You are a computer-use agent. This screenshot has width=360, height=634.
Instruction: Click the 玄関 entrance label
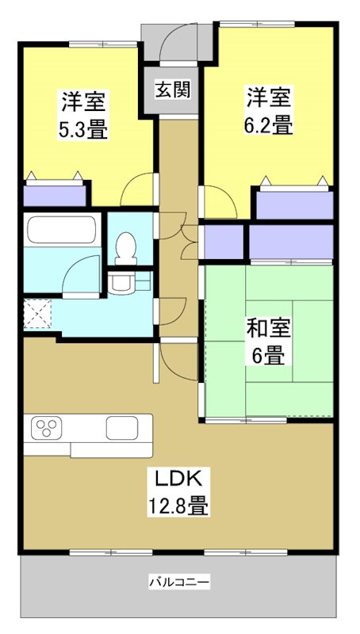pyautogui.click(x=172, y=90)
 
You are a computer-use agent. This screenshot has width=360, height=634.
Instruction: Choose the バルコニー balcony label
pyautogui.click(x=179, y=583)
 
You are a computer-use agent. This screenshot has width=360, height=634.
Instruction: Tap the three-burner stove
pyautogui.click(x=46, y=429)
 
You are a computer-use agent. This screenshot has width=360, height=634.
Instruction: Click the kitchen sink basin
pyautogui.click(x=123, y=428)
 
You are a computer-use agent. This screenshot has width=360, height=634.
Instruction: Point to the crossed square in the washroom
pyautogui.click(x=37, y=314)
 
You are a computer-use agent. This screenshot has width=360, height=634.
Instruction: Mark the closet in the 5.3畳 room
pyautogui.click(x=54, y=194)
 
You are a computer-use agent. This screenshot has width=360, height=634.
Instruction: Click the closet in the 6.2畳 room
pyautogui.click(x=293, y=204)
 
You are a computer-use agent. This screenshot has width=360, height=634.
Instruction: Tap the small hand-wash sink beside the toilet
pyautogui.click(x=121, y=281)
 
